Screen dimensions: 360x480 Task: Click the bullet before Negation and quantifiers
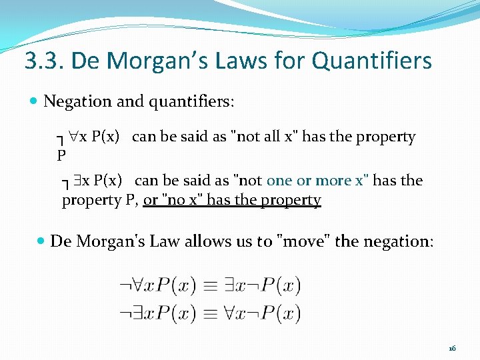click(x=35, y=102)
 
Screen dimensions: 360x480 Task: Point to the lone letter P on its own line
click(x=61, y=156)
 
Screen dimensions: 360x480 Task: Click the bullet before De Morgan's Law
click(x=41, y=241)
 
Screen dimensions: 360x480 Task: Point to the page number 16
click(x=452, y=349)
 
